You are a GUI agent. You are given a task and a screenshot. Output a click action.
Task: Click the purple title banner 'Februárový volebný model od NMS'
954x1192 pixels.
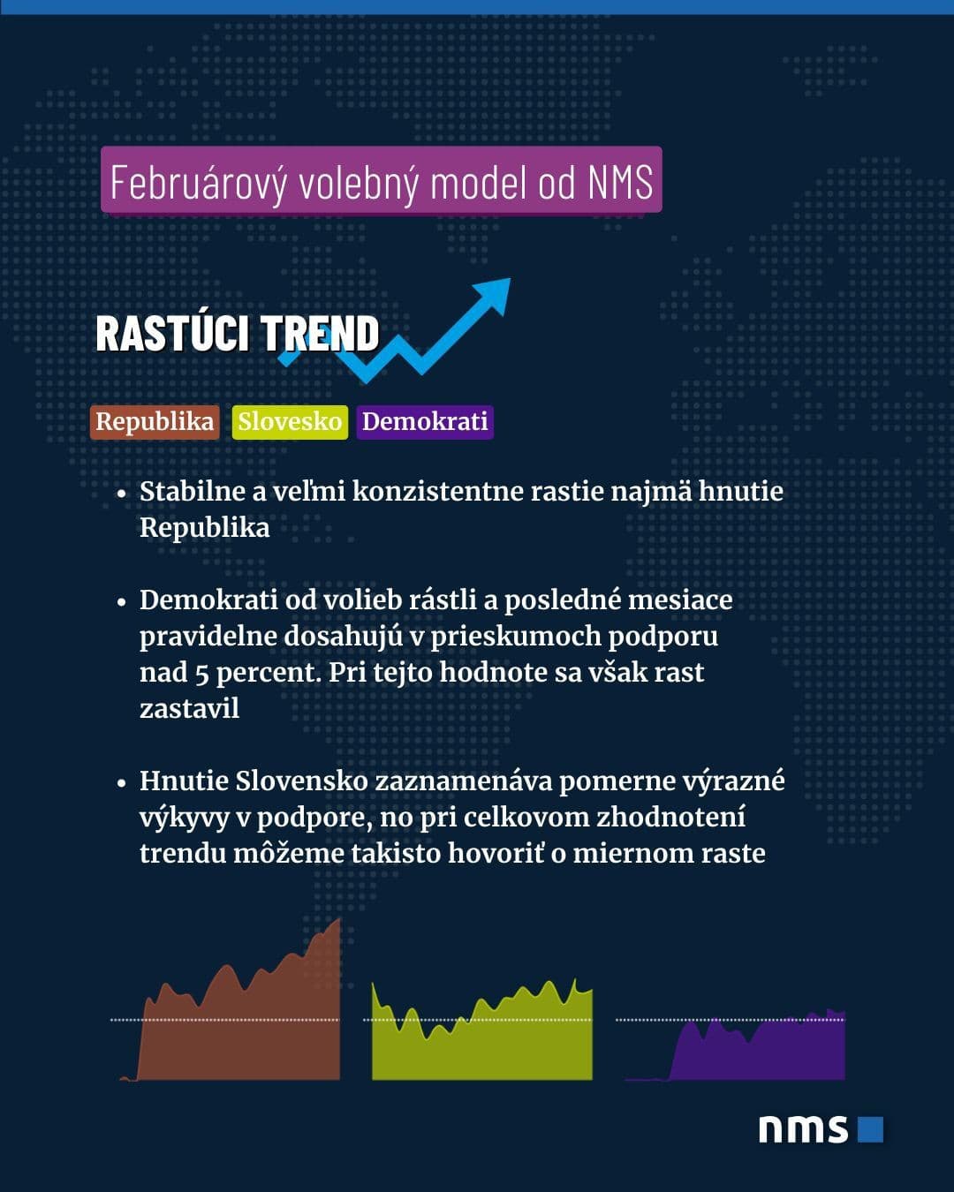(x=381, y=180)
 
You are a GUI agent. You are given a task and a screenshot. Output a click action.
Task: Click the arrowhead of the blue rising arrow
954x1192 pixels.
(x=495, y=294)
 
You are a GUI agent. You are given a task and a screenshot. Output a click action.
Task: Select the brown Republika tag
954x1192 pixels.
(x=155, y=421)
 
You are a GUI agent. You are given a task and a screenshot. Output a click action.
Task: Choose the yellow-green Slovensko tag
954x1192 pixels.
(x=290, y=421)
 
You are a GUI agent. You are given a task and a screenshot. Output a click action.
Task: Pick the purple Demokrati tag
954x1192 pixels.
(x=425, y=421)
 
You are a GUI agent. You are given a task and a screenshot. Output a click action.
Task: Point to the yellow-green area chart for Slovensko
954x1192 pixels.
(x=481, y=1042)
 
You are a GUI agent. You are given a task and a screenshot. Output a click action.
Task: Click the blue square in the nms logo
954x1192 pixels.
(x=870, y=1129)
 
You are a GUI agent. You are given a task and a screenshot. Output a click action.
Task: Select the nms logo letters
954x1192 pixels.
(x=803, y=1129)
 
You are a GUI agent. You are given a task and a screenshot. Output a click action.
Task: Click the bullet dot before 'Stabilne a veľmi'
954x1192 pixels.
(x=123, y=494)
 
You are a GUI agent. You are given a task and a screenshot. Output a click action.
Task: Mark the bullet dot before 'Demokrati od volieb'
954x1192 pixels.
(x=123, y=602)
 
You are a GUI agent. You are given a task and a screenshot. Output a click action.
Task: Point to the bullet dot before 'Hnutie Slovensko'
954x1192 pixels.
(x=123, y=783)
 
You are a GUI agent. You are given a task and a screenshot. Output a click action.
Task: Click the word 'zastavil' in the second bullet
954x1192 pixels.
(x=189, y=708)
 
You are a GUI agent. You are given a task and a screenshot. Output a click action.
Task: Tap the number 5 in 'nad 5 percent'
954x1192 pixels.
(x=201, y=673)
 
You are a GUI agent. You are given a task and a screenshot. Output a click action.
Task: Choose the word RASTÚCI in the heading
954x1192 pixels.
(x=172, y=334)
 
